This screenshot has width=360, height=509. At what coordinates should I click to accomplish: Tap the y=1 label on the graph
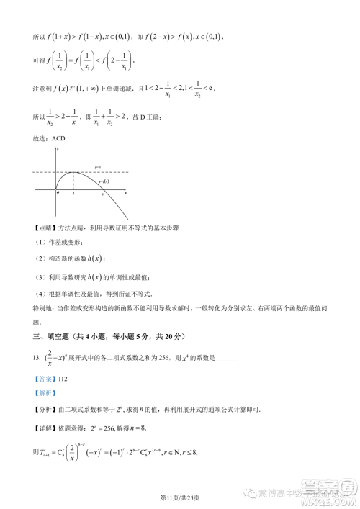pos(98,166)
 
